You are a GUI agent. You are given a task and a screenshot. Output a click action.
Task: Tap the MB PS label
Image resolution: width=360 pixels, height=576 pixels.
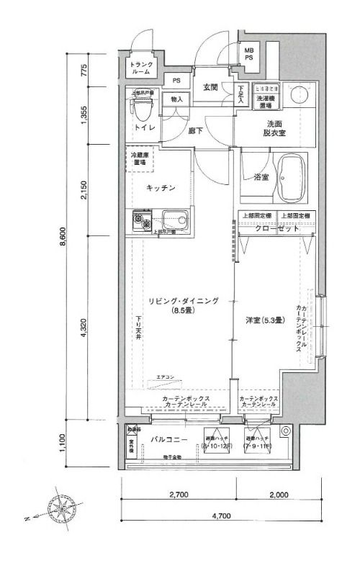(x=248, y=53)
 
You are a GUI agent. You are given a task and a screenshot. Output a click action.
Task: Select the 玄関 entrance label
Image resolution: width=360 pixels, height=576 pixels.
(x=210, y=88)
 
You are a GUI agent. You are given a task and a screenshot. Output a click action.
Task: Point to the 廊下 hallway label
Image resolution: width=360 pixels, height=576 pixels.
(x=214, y=131)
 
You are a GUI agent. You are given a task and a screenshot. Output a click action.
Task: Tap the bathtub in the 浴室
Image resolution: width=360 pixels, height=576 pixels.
(x=292, y=179)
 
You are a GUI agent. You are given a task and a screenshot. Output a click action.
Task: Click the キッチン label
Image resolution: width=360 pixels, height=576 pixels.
(x=161, y=187)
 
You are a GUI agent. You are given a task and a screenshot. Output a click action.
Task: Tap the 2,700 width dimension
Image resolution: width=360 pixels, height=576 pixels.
(x=178, y=495)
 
